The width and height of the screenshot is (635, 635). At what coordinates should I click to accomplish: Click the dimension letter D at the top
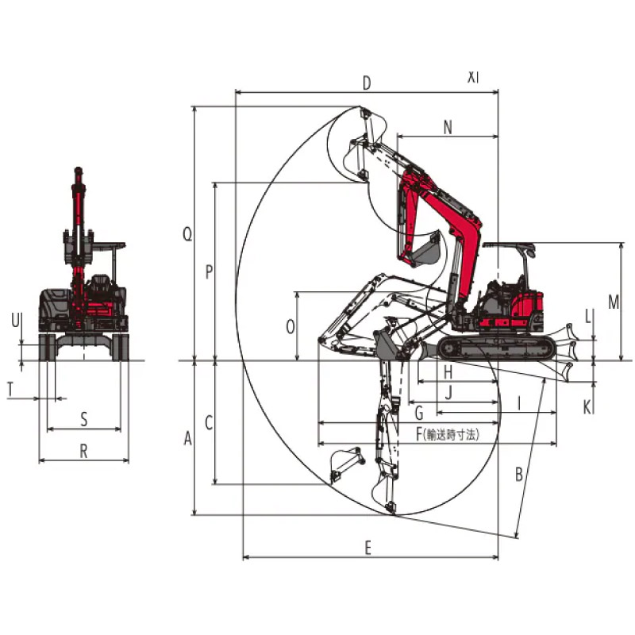367,83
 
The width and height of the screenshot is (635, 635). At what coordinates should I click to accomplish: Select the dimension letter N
448,128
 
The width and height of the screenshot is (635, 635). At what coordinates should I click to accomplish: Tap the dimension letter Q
187,233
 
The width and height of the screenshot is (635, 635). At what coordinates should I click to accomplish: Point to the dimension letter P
209,271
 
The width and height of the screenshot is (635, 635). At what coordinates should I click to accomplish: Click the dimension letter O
291,327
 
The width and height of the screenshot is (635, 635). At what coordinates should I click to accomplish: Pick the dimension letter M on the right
614,302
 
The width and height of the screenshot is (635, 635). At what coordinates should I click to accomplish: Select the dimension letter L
588,317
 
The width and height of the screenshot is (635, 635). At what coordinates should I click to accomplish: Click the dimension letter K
587,407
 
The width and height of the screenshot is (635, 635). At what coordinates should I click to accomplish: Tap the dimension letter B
519,474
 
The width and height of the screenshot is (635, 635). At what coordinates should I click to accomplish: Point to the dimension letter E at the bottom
368,548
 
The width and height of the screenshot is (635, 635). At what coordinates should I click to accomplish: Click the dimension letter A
187,438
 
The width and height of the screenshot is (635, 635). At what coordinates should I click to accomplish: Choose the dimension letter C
209,423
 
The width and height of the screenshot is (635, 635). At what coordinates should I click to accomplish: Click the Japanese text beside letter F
451,435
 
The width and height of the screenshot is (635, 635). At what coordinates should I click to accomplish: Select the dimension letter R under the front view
83,451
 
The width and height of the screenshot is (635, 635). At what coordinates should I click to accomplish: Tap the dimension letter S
84,419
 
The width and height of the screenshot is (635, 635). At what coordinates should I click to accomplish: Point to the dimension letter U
15,321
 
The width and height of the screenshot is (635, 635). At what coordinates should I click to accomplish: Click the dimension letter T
10,389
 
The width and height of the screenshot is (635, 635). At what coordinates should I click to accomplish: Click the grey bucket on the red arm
425,249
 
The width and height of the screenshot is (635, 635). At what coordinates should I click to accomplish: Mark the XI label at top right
473,77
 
